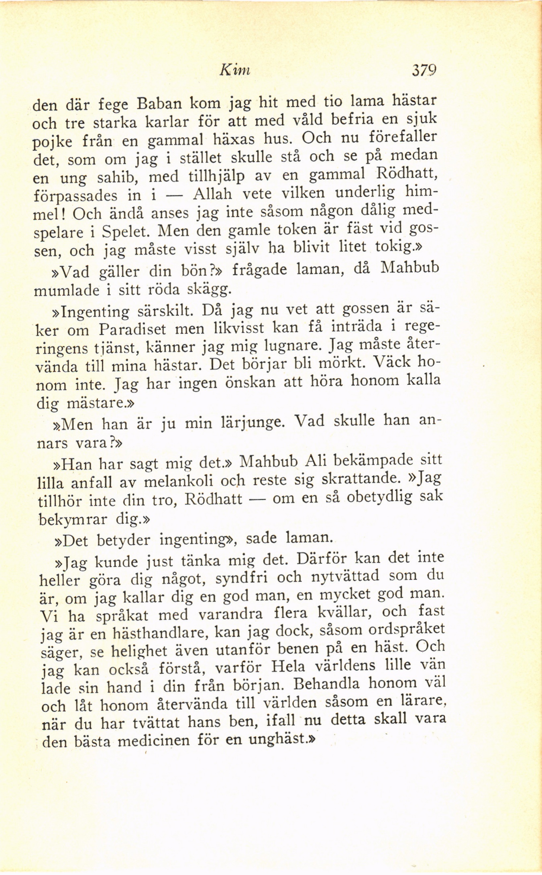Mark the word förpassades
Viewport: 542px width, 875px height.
coord(75,197)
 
